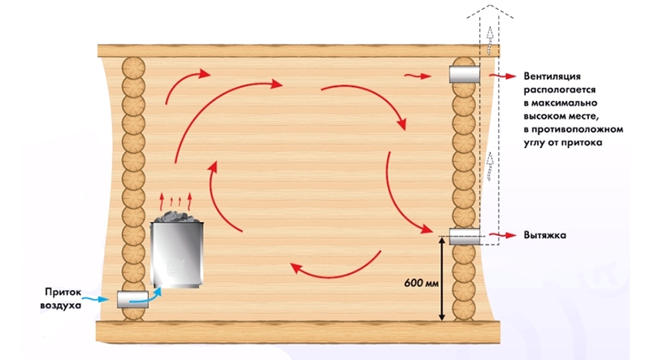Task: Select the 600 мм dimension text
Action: point(420,284)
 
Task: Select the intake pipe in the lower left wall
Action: point(131,300)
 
